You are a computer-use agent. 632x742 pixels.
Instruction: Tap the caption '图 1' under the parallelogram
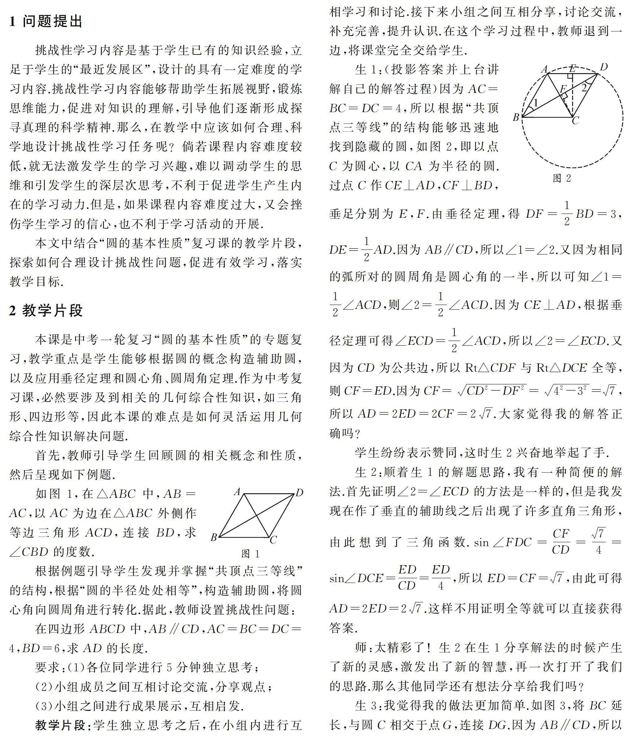250,554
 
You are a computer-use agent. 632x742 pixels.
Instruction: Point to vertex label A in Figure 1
237,492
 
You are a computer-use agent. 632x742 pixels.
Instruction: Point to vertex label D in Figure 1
299,493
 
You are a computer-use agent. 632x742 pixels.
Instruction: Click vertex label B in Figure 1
214,538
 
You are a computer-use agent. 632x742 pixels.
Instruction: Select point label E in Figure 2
573,68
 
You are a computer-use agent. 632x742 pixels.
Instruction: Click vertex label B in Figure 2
516,117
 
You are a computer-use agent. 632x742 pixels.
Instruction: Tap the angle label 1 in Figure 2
536,103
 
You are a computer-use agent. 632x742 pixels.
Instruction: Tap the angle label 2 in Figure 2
584,87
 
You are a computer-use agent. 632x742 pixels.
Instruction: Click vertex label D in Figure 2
604,67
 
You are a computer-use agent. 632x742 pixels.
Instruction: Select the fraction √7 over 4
598,542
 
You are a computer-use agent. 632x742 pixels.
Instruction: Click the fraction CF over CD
560,542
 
